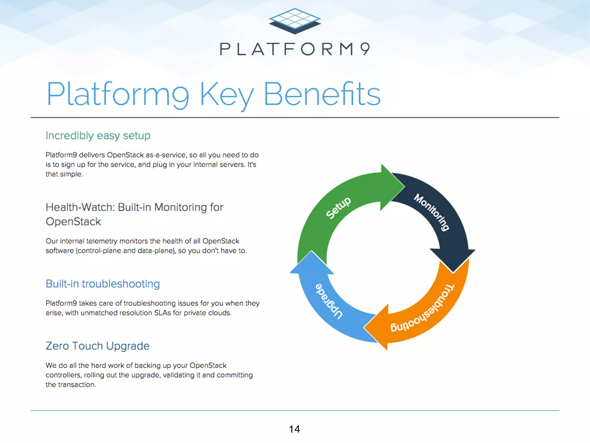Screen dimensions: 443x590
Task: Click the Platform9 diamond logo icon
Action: pyautogui.click(x=295, y=21)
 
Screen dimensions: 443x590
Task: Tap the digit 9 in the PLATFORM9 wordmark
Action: pyautogui.click(x=365, y=49)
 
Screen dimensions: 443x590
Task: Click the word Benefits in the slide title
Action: pyautogui.click(x=322, y=94)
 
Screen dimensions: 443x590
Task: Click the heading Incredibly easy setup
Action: pyautogui.click(x=98, y=136)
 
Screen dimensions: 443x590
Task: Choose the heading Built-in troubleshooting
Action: pyautogui.click(x=103, y=284)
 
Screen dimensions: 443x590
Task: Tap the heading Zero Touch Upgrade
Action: pyautogui.click(x=97, y=346)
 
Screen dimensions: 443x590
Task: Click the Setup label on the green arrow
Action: pyautogui.click(x=338, y=208)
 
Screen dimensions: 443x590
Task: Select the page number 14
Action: pyautogui.click(x=294, y=429)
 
